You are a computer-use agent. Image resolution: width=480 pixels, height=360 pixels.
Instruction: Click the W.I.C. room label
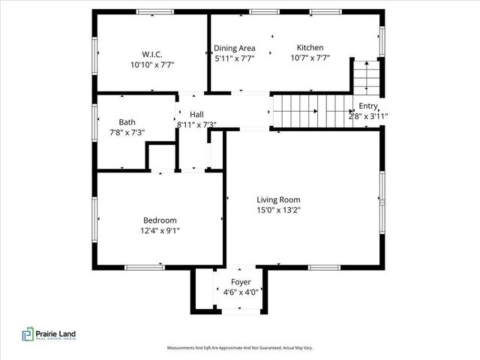[152, 54]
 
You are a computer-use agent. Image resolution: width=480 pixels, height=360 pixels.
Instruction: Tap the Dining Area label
[235, 47]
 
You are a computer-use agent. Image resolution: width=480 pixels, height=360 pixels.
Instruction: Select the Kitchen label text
[310, 47]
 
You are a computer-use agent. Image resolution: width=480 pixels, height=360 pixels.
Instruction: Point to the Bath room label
[127, 121]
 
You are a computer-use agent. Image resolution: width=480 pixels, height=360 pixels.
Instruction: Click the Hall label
[196, 114]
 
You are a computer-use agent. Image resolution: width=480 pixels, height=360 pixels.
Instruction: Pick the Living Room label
[278, 199]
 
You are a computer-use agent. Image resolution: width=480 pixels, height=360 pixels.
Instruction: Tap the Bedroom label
[160, 220]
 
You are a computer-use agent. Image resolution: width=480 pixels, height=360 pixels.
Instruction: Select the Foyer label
[241, 282]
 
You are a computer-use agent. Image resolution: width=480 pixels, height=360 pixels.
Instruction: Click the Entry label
[368, 106]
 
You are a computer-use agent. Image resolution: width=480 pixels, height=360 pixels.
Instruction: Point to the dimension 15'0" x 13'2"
[278, 210]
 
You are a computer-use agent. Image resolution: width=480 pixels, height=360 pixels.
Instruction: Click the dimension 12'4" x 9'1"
[160, 230]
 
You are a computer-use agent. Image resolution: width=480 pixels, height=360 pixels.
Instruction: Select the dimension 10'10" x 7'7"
[152, 64]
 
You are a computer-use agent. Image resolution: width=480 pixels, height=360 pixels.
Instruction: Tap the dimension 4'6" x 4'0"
[241, 292]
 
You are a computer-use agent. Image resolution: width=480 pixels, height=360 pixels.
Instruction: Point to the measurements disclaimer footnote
[239, 348]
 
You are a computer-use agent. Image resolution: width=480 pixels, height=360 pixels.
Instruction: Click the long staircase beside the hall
[311, 111]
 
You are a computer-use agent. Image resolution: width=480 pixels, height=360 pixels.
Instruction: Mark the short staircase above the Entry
[365, 76]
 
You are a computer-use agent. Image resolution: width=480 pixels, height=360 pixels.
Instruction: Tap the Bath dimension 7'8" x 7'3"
[127, 132]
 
